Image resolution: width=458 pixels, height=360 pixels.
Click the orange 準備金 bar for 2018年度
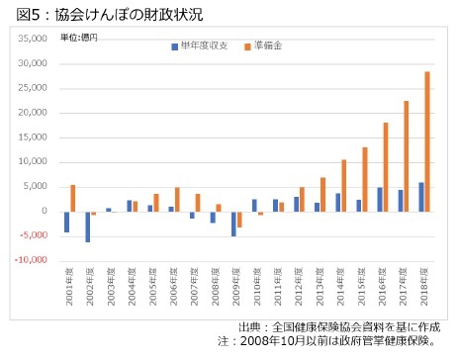[427, 141]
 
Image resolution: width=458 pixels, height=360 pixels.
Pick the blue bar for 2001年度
[66, 222]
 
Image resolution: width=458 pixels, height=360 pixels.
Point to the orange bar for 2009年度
[239, 220]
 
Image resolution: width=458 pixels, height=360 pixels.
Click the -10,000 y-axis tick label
[30, 260]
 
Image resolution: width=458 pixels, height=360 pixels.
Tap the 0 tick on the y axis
[44, 211]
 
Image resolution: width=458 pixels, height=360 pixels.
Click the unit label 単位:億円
[80, 38]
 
